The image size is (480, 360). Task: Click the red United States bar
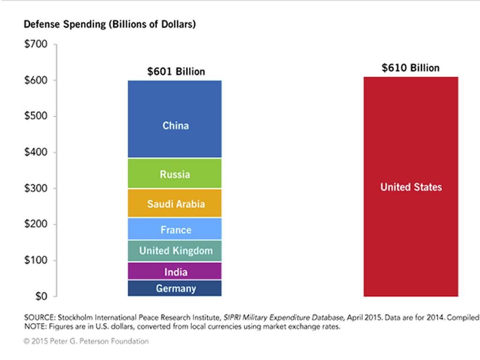(411, 187)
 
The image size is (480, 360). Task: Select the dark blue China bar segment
(174, 119)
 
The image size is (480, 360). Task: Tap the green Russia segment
(174, 174)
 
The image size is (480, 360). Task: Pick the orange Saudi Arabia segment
(174, 203)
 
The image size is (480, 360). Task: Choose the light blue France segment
(174, 229)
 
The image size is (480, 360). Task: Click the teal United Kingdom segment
(174, 250)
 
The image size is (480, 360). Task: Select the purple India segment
(174, 271)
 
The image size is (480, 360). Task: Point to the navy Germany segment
(174, 288)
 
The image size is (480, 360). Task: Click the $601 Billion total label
(176, 72)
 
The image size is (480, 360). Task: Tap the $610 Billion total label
(411, 68)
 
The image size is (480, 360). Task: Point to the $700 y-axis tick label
(36, 45)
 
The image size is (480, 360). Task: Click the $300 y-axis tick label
(36, 188)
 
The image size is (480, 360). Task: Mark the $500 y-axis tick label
(36, 116)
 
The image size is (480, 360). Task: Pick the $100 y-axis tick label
(36, 261)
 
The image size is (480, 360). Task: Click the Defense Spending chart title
(110, 24)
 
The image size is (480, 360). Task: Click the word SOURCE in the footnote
(39, 317)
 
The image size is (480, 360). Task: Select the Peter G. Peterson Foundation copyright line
(86, 341)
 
